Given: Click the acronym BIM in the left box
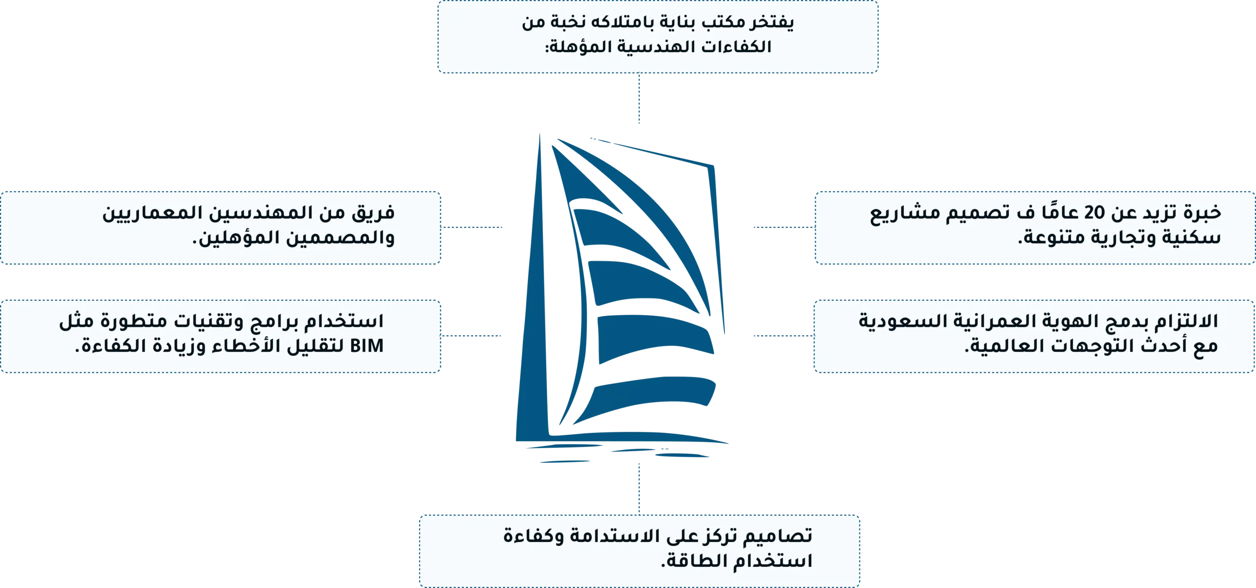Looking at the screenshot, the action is (x=366, y=346).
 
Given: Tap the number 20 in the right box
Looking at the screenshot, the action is (x=1094, y=213).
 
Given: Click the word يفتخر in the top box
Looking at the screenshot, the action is (x=771, y=22).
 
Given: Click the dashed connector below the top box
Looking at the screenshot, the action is (x=639, y=98).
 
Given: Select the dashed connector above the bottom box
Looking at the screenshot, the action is (x=639, y=489).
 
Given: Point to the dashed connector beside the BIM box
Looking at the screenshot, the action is (x=471, y=336).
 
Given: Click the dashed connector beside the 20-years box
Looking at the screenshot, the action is (x=784, y=227).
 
